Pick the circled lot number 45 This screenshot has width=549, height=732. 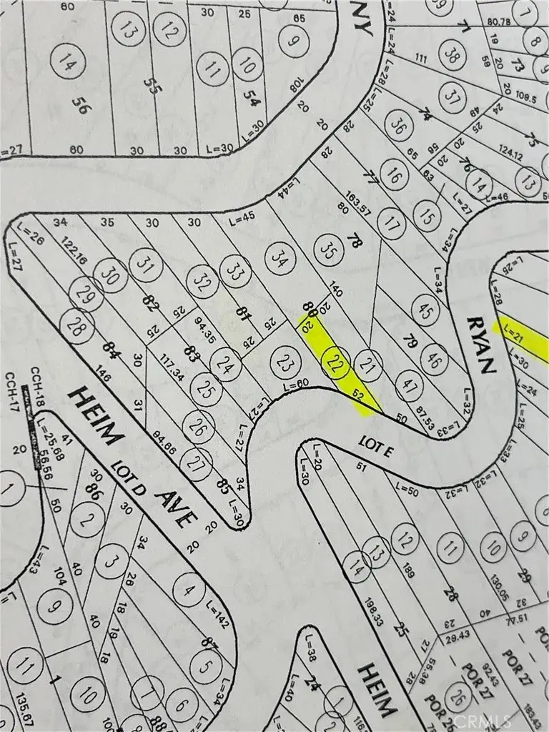(x=426, y=312)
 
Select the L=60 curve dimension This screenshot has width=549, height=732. (x=297, y=387)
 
